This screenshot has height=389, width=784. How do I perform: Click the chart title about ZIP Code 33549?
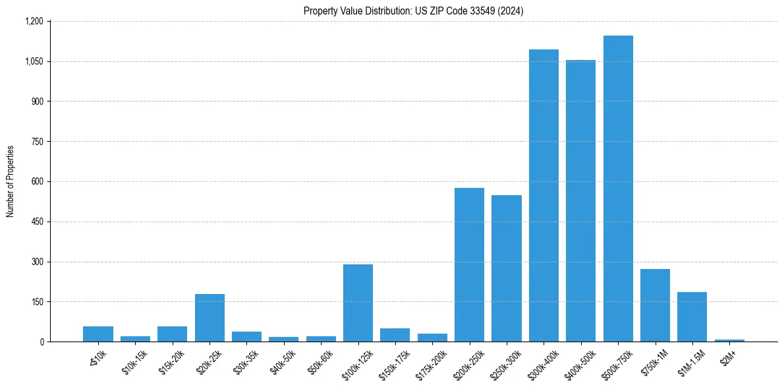pyautogui.click(x=413, y=11)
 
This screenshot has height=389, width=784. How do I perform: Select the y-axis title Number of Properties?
pyautogui.click(x=11, y=181)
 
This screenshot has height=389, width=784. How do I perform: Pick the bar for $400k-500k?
pyautogui.click(x=580, y=201)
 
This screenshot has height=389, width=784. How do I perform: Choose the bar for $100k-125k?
pyautogui.click(x=358, y=303)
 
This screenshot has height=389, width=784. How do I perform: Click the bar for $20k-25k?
pyautogui.click(x=210, y=318)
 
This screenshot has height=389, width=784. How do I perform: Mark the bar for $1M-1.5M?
pyautogui.click(x=692, y=317)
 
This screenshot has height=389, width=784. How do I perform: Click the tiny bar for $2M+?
pyautogui.click(x=729, y=340)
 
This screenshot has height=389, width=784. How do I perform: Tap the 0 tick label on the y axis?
pyautogui.click(x=41, y=342)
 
